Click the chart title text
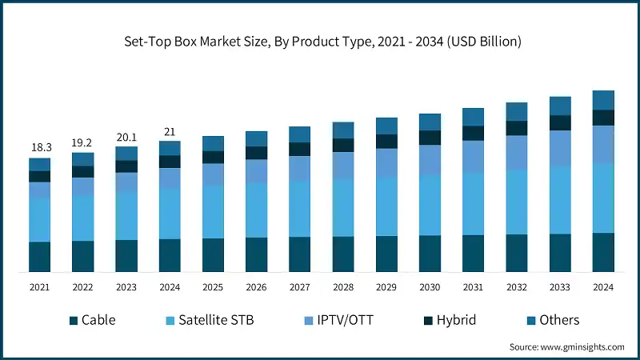pos(319,41)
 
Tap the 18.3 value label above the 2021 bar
pos(40,147)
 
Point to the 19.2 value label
pos(83,142)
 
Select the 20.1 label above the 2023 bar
pos(126,136)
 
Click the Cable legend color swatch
pos(74,321)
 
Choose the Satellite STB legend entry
pos(208,320)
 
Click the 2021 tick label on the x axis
pos(40,287)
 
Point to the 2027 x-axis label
pos(300,287)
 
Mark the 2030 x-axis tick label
pos(430,287)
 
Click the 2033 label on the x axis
pos(560,287)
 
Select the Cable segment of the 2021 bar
pos(40,256)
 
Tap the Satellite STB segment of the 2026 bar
pos(257,210)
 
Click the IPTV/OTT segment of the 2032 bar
pos(517,152)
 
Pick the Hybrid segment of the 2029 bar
pos(386,142)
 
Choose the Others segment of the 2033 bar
pos(560,106)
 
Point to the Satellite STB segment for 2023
pos(126,215)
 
